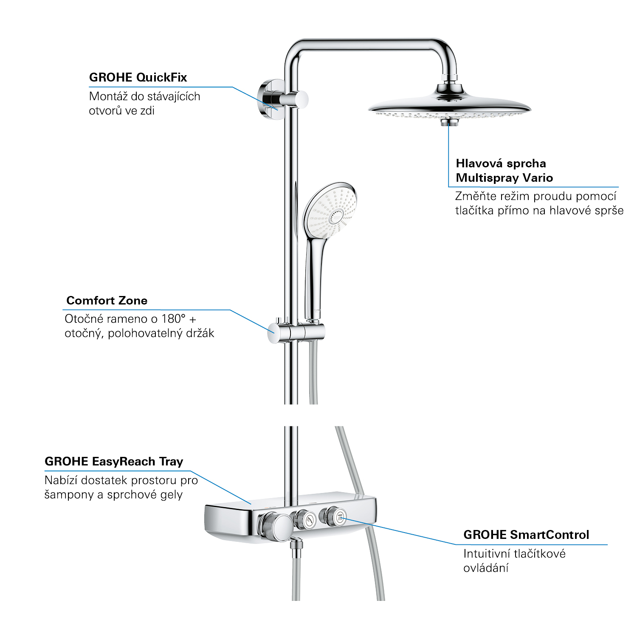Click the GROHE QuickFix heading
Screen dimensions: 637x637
(138, 78)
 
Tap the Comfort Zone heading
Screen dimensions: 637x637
(107, 301)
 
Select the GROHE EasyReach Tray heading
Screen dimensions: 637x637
(114, 462)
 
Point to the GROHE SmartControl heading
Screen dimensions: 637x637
(526, 535)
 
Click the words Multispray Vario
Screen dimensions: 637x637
(505, 178)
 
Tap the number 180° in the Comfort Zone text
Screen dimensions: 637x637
(173, 318)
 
